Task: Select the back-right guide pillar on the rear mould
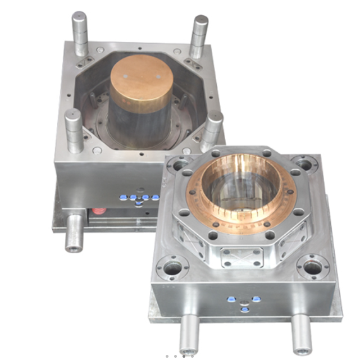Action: click(x=200, y=34)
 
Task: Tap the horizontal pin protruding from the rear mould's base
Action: click(x=75, y=236)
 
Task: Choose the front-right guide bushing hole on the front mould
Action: click(x=312, y=266)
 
